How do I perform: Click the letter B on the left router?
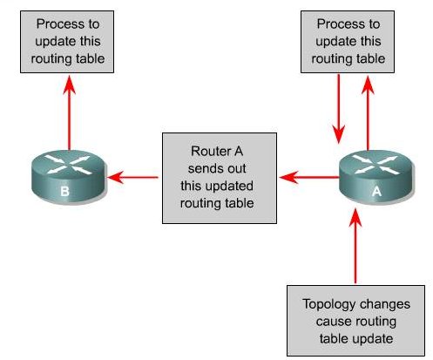point(64,191)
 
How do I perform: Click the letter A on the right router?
point(376,191)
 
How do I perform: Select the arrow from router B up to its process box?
point(69,112)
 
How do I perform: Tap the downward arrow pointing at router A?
point(339,109)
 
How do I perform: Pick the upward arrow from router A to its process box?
point(368,113)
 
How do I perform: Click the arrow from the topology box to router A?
point(355,246)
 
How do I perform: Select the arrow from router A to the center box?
point(309,177)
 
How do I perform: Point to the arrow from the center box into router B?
point(132,177)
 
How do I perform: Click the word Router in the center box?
point(206,151)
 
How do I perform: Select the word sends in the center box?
point(202,168)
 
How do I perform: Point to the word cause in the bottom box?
point(330,323)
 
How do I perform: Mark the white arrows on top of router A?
point(376,165)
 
